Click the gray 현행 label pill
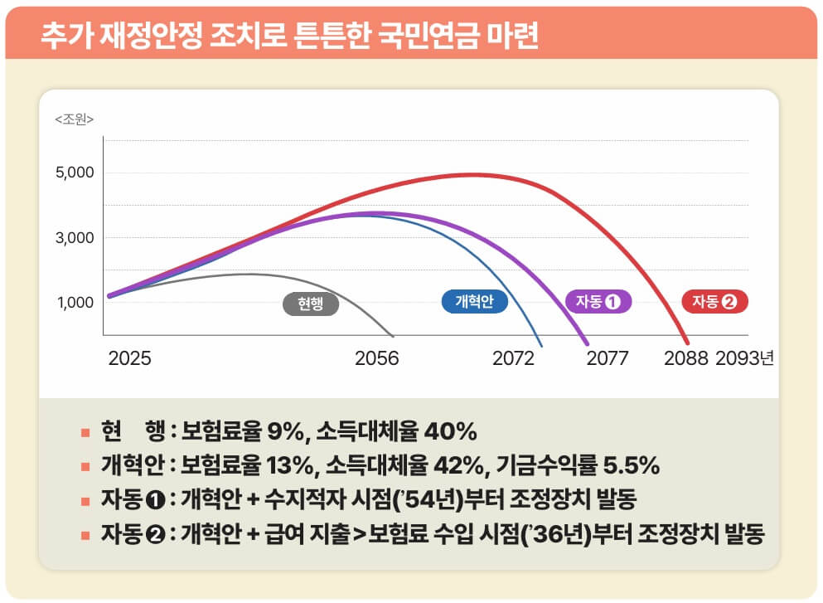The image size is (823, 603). point(311,304)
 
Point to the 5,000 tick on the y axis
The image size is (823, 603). point(76,173)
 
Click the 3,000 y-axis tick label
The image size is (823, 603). point(76,238)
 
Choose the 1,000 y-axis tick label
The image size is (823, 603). point(76,303)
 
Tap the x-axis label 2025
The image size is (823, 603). point(129,358)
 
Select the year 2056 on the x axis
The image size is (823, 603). point(377,358)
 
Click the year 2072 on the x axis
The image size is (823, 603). point(514,358)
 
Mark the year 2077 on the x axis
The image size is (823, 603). point(608,358)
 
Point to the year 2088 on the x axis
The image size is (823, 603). point(685,358)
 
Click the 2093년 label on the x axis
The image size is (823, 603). point(744,358)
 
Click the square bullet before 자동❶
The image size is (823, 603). point(85,500)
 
